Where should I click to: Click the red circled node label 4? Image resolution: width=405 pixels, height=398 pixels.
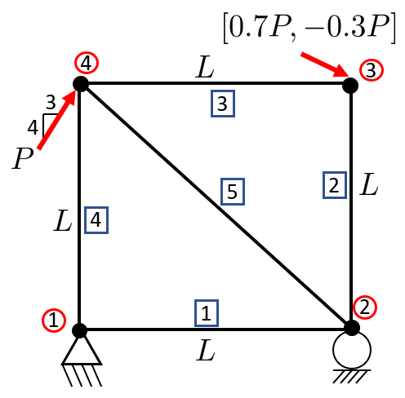(87, 63)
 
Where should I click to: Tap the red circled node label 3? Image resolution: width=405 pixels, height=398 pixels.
(372, 70)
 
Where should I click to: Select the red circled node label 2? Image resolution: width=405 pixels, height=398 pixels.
(365, 307)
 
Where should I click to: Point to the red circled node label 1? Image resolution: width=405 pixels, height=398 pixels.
(54, 320)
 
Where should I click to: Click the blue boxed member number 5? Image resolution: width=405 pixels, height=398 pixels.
(233, 192)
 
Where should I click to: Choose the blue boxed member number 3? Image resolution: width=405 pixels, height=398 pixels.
(223, 104)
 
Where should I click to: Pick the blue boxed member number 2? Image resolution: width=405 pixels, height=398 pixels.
(335, 185)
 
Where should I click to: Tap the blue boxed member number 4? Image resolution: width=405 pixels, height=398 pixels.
(96, 220)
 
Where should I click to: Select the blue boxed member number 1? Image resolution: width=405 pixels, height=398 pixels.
(207, 313)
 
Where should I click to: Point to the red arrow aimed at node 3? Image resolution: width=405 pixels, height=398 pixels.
(325, 64)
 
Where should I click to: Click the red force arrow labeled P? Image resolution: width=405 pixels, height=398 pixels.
(56, 119)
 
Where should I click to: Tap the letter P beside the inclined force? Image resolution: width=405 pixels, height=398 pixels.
(23, 158)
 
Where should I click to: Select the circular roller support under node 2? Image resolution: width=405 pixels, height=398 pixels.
(352, 350)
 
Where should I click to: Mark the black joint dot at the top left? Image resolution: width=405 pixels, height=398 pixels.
(81, 84)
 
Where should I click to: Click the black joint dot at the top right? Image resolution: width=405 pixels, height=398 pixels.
(350, 85)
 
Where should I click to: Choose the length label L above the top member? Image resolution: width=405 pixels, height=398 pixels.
(205, 67)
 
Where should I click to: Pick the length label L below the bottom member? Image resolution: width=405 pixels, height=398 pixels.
(206, 350)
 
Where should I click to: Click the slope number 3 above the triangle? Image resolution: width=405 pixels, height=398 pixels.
(51, 103)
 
